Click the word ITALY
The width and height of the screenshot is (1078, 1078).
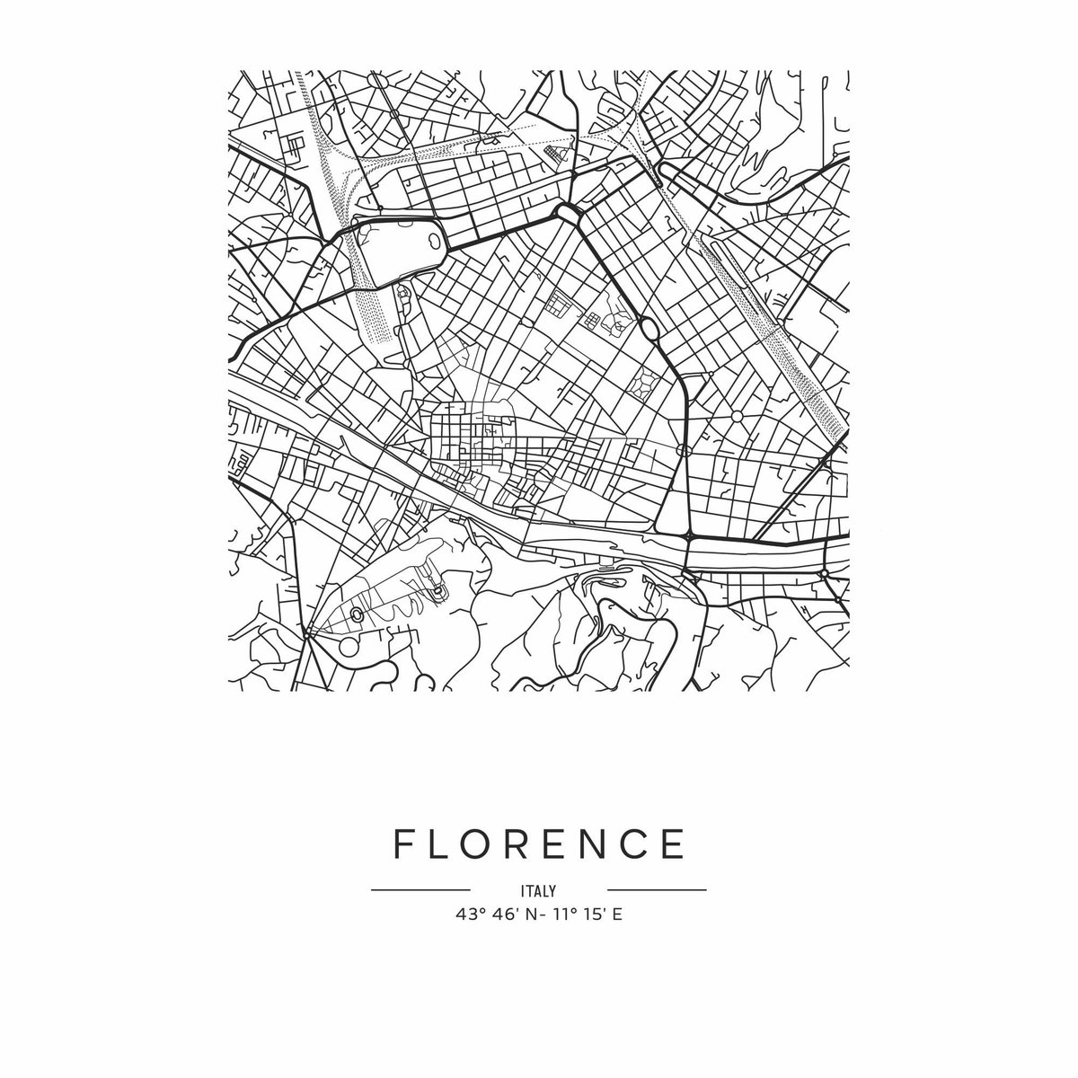point(538,891)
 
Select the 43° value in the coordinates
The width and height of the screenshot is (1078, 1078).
point(471,915)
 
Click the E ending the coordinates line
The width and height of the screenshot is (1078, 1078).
point(617,915)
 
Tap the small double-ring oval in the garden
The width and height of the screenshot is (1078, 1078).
point(357,614)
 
